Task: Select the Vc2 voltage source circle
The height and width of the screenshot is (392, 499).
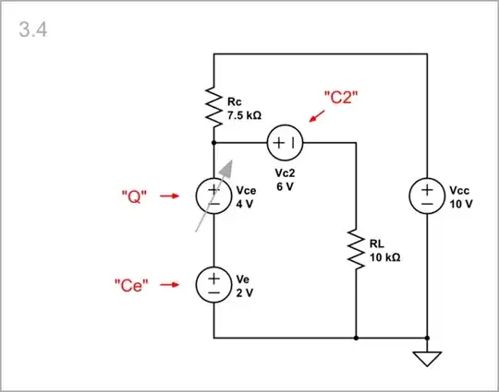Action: [x=285, y=143]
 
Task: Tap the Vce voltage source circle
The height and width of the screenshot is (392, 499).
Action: [x=213, y=196]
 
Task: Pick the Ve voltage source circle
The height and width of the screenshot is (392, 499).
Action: [x=213, y=284]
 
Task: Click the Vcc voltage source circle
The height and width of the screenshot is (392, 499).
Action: [x=427, y=196]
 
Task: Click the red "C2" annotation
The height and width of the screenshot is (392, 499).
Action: [x=340, y=96]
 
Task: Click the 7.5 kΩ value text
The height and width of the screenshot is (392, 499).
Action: [x=245, y=117]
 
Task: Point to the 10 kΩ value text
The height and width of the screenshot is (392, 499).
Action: [x=383, y=258]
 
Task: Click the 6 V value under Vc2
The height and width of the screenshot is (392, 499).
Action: [x=285, y=185]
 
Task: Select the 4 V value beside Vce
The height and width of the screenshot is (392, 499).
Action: [x=244, y=203]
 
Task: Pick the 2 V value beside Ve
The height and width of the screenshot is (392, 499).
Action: [x=244, y=291]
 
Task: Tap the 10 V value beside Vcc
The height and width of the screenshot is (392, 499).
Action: [x=461, y=203]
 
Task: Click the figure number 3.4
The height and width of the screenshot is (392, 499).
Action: [x=33, y=30]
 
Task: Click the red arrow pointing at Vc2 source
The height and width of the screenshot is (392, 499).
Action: [x=317, y=115]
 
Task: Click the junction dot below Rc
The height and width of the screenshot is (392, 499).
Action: [x=213, y=143]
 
